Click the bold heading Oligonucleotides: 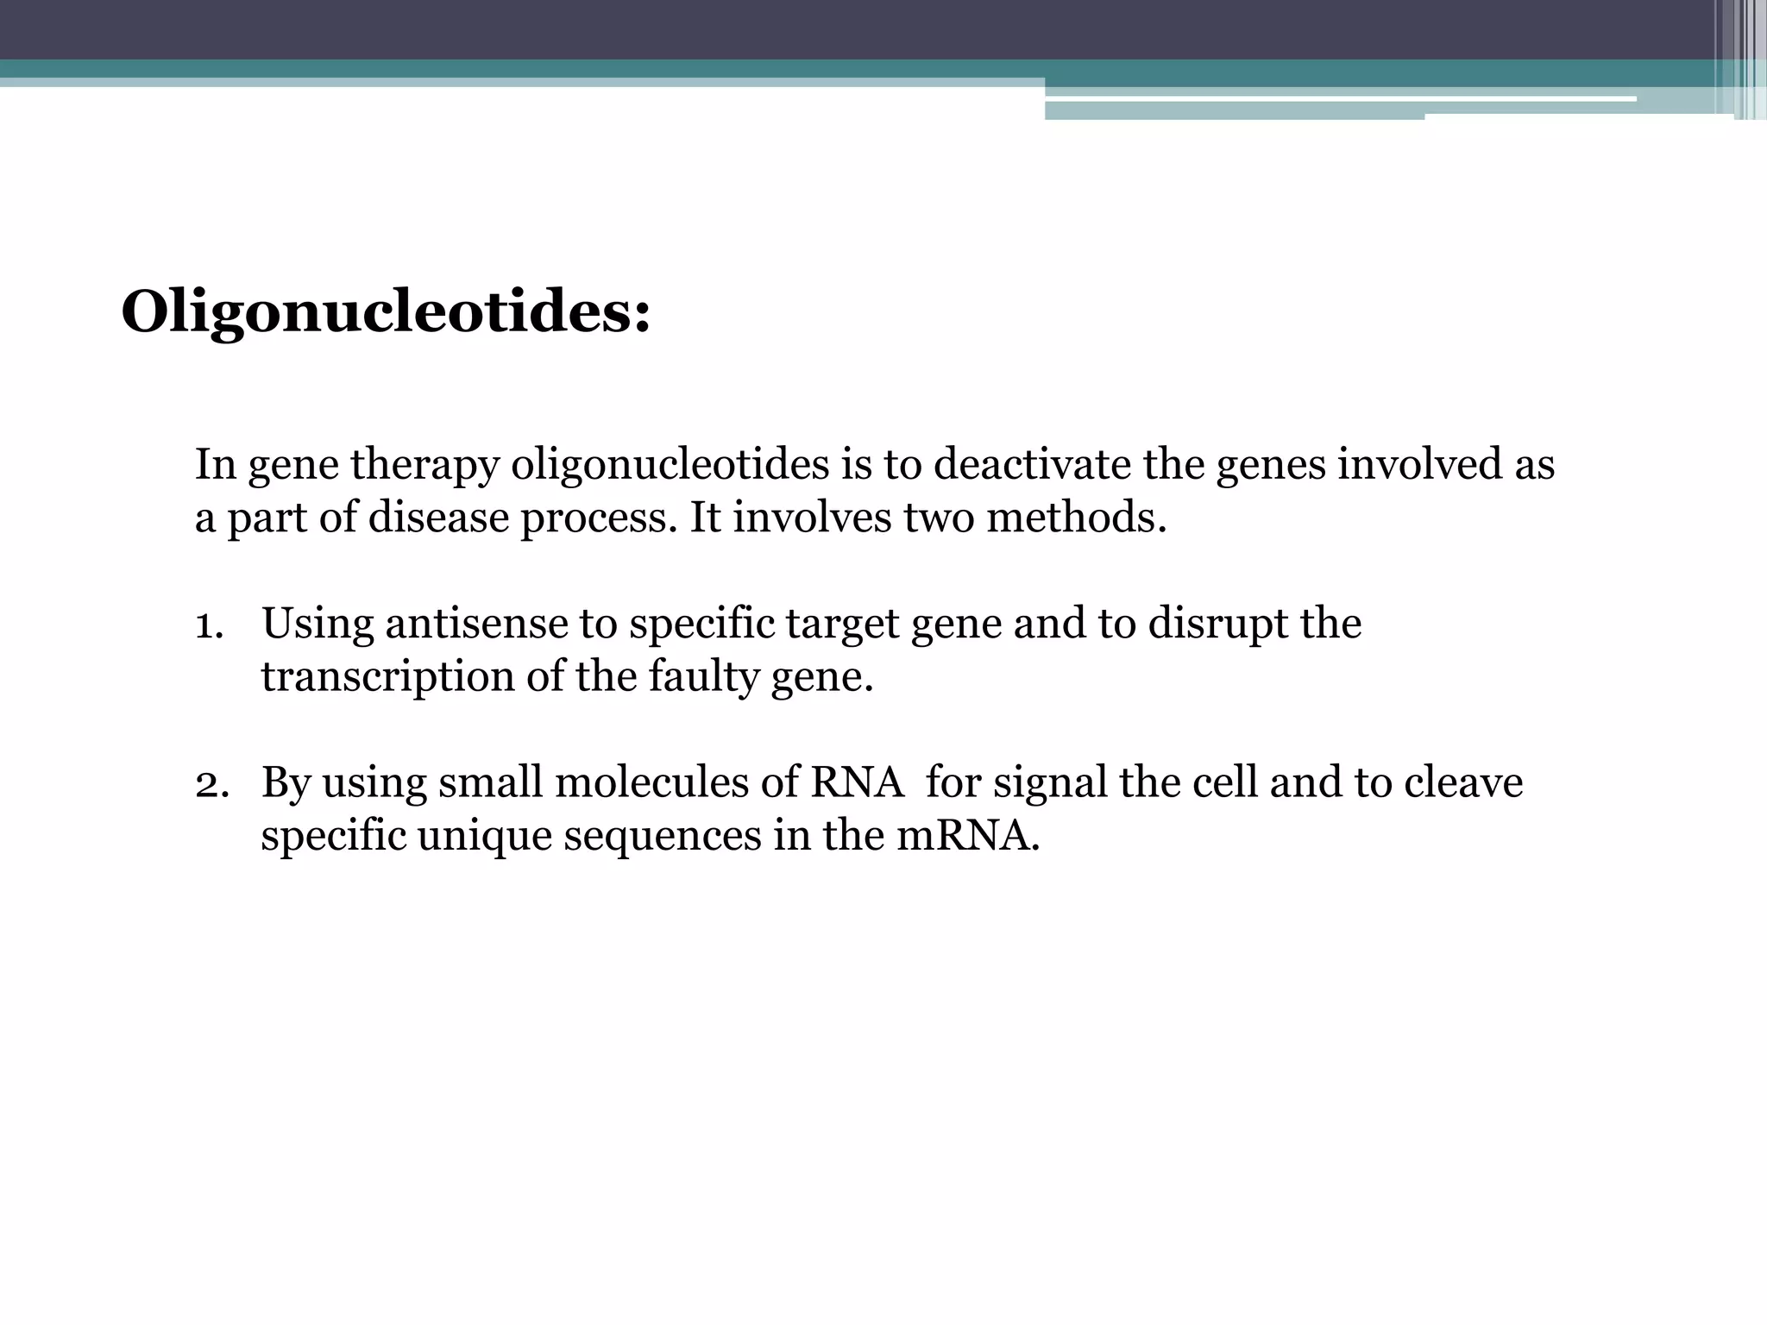point(386,312)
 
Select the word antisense point(475,624)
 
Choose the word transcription point(387,677)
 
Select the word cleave point(1462,783)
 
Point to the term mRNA point(967,836)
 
